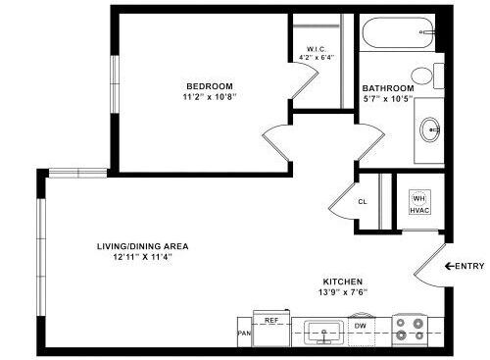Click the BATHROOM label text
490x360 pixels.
(388, 87)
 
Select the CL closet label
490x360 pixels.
(362, 202)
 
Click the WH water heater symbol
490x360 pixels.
(418, 197)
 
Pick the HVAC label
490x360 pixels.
(419, 211)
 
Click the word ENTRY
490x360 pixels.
(469, 266)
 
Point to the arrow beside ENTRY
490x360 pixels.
(450, 266)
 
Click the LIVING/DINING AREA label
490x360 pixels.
(142, 245)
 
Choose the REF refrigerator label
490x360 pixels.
(272, 320)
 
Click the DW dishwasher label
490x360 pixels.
(361, 326)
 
